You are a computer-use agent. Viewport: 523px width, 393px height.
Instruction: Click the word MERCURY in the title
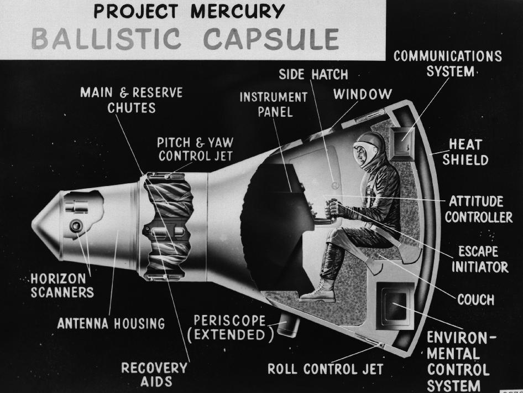[238, 12]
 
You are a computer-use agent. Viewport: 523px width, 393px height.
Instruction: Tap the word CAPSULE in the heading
[271, 39]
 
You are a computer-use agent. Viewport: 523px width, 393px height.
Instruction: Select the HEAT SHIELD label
[466, 152]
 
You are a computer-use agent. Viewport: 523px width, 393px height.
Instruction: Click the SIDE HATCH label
[313, 75]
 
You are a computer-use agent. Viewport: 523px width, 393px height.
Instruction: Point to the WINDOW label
[363, 95]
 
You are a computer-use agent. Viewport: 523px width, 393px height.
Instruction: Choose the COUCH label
[475, 299]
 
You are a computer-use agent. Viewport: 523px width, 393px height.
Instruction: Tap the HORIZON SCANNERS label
[62, 286]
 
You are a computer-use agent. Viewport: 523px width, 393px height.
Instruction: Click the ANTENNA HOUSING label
[111, 324]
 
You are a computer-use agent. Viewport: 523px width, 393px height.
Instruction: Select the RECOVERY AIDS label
[154, 375]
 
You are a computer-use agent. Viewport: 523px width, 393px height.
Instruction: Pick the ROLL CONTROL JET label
[325, 369]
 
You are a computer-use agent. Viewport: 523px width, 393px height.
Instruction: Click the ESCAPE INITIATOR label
[480, 260]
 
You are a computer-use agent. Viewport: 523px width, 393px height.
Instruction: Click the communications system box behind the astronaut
[402, 142]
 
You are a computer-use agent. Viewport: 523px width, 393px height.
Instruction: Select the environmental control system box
[395, 306]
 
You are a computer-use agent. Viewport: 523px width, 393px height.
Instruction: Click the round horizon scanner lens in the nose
[76, 226]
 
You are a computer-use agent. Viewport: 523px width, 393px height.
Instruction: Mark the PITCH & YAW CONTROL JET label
[195, 149]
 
